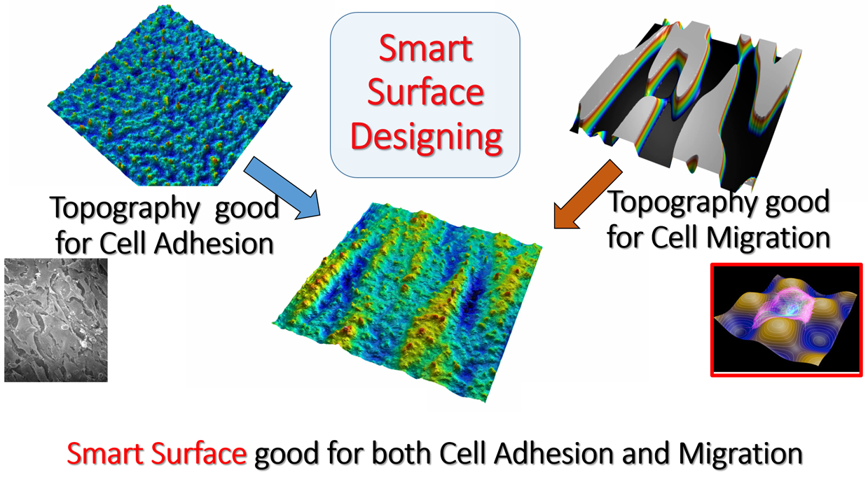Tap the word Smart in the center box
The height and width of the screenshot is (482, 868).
pyautogui.click(x=425, y=49)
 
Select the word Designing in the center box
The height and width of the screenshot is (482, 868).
pyautogui.click(x=426, y=137)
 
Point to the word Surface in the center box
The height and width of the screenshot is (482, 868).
pyautogui.click(x=425, y=92)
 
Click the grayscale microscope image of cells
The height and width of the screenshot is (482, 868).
pyautogui.click(x=56, y=320)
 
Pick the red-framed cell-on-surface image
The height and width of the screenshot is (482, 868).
pyautogui.click(x=787, y=320)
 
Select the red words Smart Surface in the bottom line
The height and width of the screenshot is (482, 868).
pyautogui.click(x=156, y=453)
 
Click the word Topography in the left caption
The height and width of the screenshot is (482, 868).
pyautogui.click(x=125, y=209)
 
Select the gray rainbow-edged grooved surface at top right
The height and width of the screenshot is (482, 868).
pyautogui.click(x=686, y=102)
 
